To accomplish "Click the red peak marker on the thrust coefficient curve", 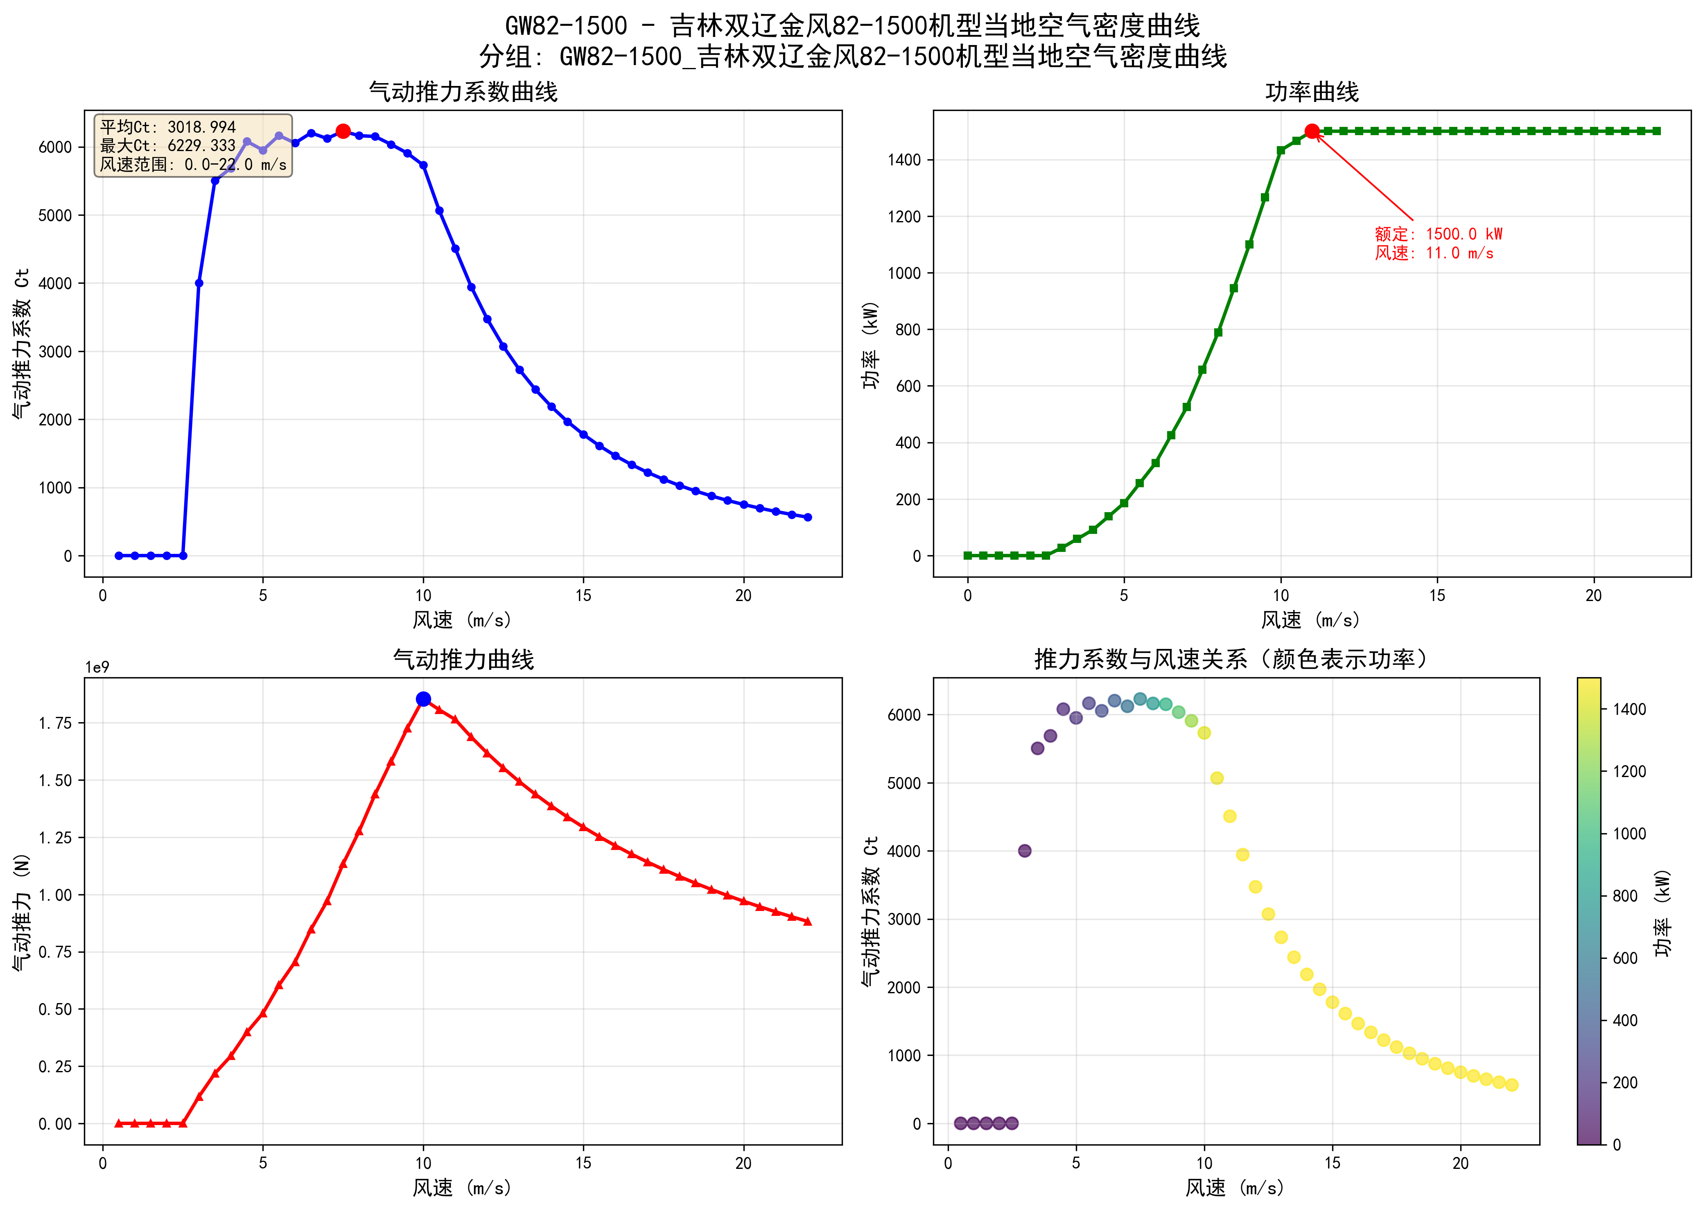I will pyautogui.click(x=343, y=131).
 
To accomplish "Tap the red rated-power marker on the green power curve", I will pyautogui.click(x=1312, y=131).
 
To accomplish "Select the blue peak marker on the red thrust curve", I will pyautogui.click(x=424, y=699).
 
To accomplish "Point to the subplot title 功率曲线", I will pyautogui.click(x=1312, y=92).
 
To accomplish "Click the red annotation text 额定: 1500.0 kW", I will pyautogui.click(x=1438, y=234).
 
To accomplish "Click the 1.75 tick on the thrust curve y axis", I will pyautogui.click(x=55, y=723).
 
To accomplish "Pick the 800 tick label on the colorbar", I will pyautogui.click(x=1625, y=896).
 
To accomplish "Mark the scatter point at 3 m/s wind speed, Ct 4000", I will pyautogui.click(x=1025, y=851).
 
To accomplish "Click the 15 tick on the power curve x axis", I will pyautogui.click(x=1437, y=596).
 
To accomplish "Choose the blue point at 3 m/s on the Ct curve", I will pyautogui.click(x=199, y=283).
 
